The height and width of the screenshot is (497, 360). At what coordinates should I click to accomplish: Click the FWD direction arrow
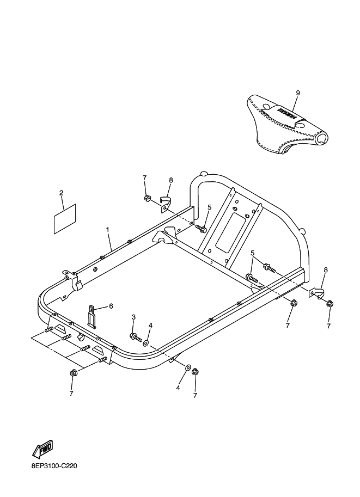43,449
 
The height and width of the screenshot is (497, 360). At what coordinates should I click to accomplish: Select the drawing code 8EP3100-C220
54,466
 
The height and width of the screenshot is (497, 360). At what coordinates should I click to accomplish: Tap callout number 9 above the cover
298,93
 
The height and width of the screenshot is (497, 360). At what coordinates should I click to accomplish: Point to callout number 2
61,193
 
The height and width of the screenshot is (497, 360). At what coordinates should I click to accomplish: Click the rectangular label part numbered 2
65,219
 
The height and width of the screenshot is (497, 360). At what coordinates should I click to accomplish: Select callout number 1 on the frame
107,229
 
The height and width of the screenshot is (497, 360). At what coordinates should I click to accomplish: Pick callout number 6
111,306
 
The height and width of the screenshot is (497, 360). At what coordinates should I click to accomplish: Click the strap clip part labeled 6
91,316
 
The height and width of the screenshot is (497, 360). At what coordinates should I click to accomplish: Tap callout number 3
133,317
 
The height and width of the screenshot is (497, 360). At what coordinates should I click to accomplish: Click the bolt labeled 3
136,336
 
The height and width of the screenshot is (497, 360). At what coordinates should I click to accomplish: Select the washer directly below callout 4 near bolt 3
146,343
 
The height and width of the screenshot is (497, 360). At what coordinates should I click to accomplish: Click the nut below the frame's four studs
73,373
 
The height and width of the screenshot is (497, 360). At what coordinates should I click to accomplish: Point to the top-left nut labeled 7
147,199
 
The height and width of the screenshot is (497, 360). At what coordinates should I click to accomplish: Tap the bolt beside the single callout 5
201,228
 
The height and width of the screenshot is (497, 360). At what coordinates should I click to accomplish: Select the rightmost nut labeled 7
330,304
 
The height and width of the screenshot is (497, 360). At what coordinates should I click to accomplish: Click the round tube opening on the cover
322,138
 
